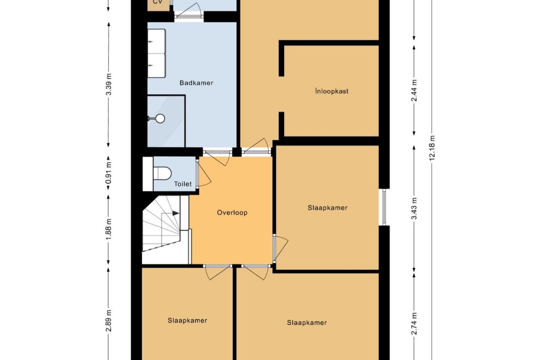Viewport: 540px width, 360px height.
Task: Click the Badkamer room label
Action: tap(196, 83)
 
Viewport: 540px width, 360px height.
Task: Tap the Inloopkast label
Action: tap(332, 91)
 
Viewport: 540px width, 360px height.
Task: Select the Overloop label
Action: tap(232, 213)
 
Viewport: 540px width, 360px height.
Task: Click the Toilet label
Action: tap(183, 184)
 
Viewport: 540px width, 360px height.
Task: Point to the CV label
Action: tap(158, 2)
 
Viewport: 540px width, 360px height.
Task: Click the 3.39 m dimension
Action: tap(109, 85)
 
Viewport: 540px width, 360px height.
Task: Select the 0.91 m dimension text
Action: tap(109, 173)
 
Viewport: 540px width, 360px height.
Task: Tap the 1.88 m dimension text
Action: tap(109, 229)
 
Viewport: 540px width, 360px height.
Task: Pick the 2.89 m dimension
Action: tap(109, 321)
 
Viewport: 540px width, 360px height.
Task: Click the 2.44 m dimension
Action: tap(414, 90)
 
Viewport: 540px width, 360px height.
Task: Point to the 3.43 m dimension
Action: tap(414, 209)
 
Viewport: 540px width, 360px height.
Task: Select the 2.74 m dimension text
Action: tap(414, 323)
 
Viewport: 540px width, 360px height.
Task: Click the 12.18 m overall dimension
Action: tap(432, 148)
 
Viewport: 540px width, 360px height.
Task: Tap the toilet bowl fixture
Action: tap(162, 174)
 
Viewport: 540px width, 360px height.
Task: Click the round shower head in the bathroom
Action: tap(160, 119)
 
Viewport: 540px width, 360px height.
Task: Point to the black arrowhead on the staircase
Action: tap(176, 213)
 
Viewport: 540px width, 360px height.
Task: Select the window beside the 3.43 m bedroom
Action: tap(384, 207)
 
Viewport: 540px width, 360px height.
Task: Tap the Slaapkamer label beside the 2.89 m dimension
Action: tap(187, 321)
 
